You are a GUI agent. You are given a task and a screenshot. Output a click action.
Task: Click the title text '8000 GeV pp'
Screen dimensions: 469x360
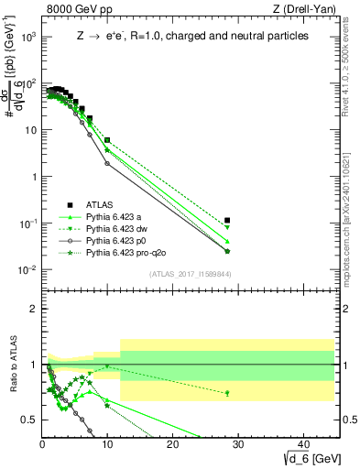[71, 10]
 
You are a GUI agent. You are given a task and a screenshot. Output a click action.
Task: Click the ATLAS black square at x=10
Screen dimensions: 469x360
[108, 140]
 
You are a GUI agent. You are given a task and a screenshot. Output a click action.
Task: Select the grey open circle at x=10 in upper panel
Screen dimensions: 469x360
[108, 164]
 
